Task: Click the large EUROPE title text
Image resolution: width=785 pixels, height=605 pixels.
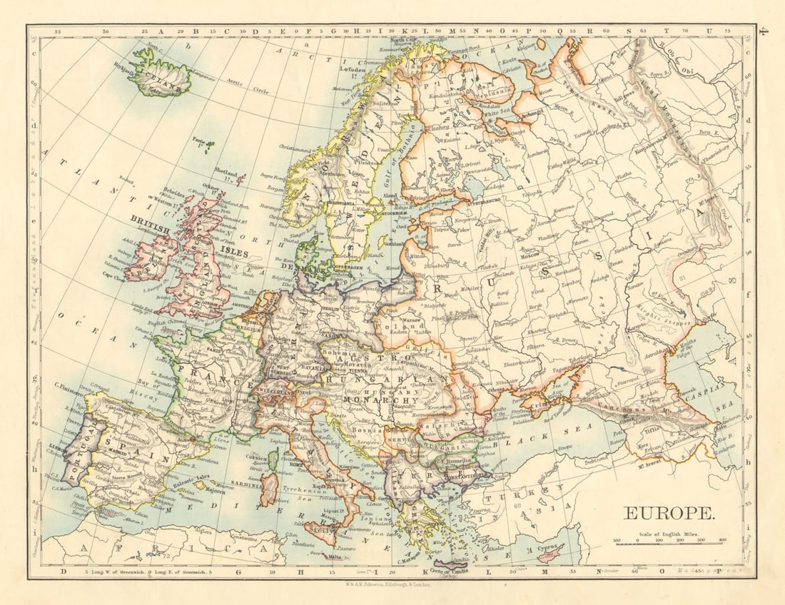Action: pyautogui.click(x=668, y=513)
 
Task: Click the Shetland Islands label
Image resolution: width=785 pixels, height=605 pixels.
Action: pyautogui.click(x=227, y=172)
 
